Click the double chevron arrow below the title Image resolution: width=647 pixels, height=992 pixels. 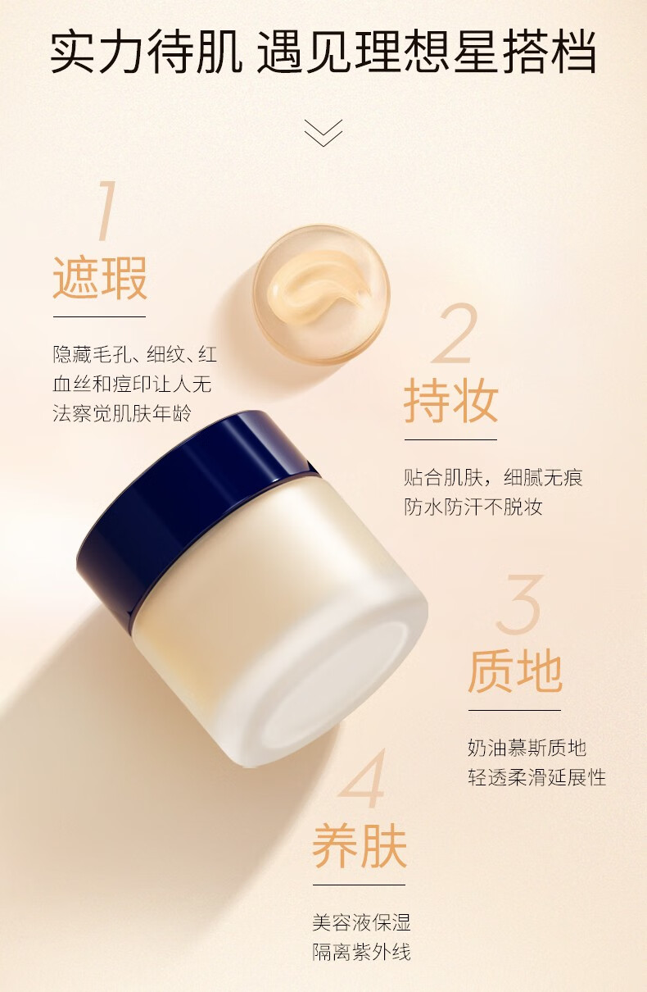point(323,133)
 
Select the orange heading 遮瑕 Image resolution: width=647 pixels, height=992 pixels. point(100,279)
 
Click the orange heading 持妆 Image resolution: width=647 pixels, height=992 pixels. point(450,402)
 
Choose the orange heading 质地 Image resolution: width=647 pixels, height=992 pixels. point(514,672)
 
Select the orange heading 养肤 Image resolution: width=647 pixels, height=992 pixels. point(359,846)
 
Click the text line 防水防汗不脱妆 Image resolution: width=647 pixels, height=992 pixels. point(473,507)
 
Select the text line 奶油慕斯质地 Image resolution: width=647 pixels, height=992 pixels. point(527,748)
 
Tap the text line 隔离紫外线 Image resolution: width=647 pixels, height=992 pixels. point(361,952)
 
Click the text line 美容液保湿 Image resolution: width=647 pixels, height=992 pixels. point(361,922)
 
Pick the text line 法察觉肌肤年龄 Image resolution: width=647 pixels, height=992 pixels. point(123,413)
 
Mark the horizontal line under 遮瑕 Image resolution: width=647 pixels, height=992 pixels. point(99,316)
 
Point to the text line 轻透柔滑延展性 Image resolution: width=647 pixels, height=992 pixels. point(537,777)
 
